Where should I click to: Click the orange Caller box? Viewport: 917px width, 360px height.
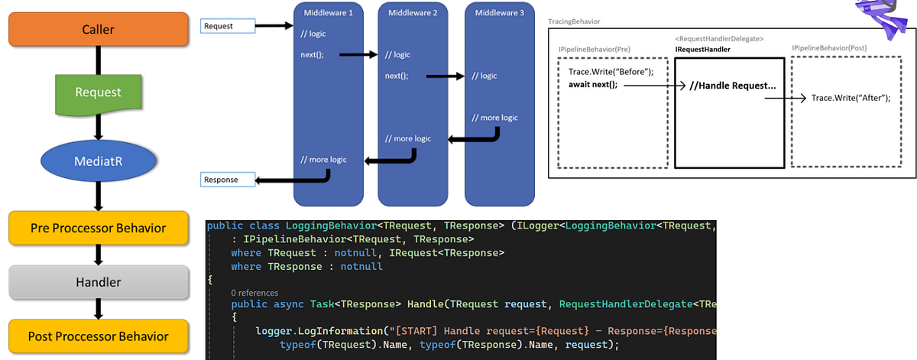98,30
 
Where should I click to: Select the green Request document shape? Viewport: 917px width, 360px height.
98,92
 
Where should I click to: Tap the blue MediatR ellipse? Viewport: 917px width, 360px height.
98,161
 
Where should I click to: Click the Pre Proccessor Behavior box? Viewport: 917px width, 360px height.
98,228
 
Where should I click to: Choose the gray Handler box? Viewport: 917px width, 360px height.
98,282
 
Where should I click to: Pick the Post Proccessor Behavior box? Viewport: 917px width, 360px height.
98,336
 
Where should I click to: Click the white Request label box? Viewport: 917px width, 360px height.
227,27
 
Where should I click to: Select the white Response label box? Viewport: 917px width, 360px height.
227,180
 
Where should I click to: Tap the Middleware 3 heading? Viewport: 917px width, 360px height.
499,13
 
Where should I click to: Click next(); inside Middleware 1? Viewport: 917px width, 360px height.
312,55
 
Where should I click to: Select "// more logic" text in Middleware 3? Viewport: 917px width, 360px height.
494,118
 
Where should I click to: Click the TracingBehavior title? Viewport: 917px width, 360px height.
574,21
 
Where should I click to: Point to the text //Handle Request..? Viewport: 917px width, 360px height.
731,86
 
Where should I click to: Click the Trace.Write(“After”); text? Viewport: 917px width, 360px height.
851,98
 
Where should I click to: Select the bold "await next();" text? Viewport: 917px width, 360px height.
592,84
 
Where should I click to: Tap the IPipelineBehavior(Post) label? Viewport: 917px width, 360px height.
829,48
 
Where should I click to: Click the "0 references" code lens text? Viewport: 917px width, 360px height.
254,293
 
